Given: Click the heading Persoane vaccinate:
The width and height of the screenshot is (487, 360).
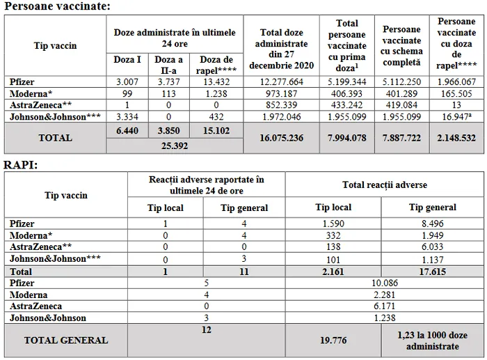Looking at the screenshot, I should pos(57,6).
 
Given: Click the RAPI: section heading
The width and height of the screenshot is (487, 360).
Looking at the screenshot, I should pos(21,164).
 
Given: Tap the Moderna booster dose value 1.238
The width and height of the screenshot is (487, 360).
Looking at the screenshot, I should pos(216,93).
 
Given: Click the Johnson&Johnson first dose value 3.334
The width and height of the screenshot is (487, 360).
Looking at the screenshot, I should pos(127,116).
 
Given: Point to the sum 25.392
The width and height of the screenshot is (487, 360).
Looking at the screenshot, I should pos(173,146).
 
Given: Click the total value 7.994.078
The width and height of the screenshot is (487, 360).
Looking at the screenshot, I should pos(346,137).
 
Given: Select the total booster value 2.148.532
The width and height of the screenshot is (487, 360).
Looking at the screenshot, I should pos(457,137).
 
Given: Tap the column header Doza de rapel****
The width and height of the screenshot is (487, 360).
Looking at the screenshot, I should pos(216,64).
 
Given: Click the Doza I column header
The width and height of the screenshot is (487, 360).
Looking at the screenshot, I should pos(127,60).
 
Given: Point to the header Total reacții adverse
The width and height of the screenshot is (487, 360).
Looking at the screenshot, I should pos(384,185).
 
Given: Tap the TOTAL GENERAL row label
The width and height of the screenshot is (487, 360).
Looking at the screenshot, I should pos(66,341).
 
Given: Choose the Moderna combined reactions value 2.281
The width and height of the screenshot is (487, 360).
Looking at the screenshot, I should pos(384,295).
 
